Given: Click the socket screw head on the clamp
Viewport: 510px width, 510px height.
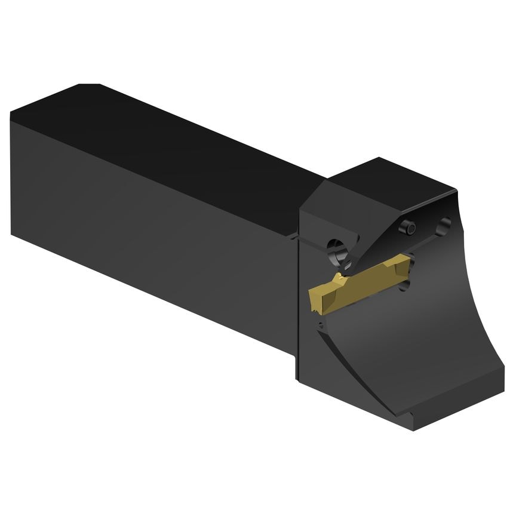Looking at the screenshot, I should pyautogui.click(x=408, y=227).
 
